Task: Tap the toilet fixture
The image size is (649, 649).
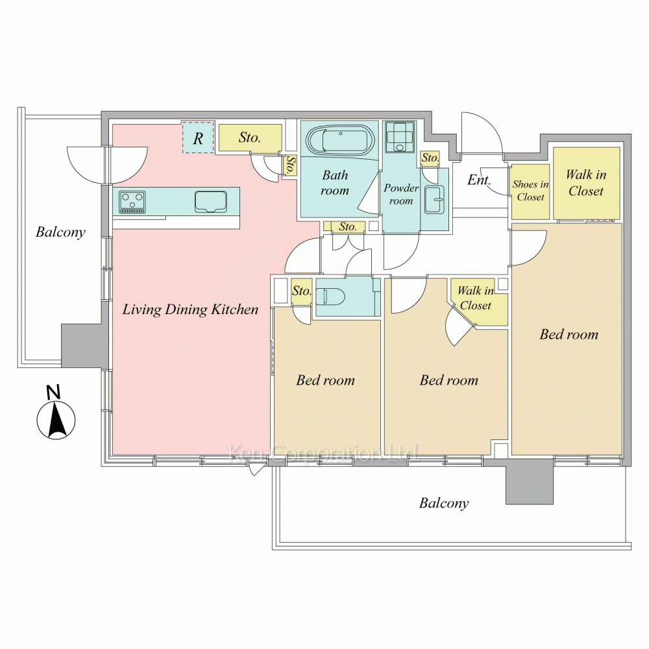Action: [x=330, y=297]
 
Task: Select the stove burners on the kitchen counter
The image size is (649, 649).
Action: [x=132, y=202]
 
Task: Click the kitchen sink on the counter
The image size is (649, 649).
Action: [x=211, y=202]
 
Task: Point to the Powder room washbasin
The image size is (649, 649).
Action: [x=434, y=199]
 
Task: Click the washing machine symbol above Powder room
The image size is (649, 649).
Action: [x=400, y=137]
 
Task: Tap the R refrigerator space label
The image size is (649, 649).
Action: [x=198, y=138]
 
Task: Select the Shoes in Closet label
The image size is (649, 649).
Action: [x=531, y=190]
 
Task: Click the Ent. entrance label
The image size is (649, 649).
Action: [x=479, y=180]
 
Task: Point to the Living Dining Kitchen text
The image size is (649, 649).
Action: [x=190, y=310]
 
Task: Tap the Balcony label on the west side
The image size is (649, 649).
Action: [x=60, y=232]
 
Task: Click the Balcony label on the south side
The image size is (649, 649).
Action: [x=444, y=504]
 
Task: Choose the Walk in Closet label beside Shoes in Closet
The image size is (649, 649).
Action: [x=586, y=182]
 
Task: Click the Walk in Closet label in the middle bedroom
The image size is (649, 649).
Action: [x=476, y=298]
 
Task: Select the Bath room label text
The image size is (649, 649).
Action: [x=335, y=182]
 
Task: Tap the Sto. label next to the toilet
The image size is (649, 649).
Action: [x=301, y=291]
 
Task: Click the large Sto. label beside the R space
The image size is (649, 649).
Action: [x=250, y=138]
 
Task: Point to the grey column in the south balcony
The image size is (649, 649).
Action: [x=530, y=482]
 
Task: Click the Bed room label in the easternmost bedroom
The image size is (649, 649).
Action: [x=569, y=334]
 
